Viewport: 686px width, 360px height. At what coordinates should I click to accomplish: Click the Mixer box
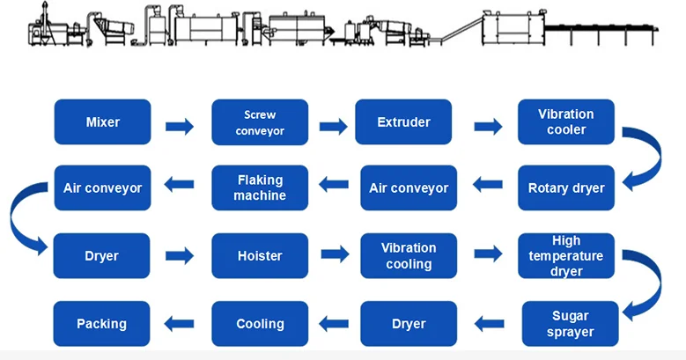pyautogui.click(x=102, y=121)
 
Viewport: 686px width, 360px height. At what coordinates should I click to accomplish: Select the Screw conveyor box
pyautogui.click(x=260, y=122)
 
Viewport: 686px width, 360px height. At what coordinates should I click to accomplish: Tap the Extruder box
pyautogui.click(x=403, y=121)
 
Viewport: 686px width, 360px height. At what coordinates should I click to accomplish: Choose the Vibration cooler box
pyautogui.click(x=565, y=121)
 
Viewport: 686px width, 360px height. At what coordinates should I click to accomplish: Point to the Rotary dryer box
pyautogui.click(x=565, y=187)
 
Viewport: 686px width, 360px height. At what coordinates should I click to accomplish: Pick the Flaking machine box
pyautogui.click(x=260, y=187)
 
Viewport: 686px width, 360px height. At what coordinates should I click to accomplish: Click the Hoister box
pyautogui.click(x=260, y=256)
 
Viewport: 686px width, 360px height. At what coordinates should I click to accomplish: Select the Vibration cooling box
pyautogui.click(x=409, y=256)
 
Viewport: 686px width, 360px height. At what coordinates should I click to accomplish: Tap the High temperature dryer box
pyautogui.click(x=565, y=256)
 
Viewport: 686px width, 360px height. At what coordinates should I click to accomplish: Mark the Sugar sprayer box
pyautogui.click(x=571, y=324)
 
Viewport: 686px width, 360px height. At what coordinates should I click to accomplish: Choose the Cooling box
pyautogui.click(x=260, y=324)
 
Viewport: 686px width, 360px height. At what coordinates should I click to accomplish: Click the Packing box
pyautogui.click(x=102, y=324)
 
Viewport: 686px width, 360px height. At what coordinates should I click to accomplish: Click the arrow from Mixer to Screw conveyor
pyautogui.click(x=181, y=126)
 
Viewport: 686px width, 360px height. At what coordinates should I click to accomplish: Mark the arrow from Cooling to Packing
pyautogui.click(x=181, y=324)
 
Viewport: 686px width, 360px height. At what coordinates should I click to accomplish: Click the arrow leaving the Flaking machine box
pyautogui.click(x=181, y=186)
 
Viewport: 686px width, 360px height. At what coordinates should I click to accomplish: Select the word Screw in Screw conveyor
pyautogui.click(x=260, y=114)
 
